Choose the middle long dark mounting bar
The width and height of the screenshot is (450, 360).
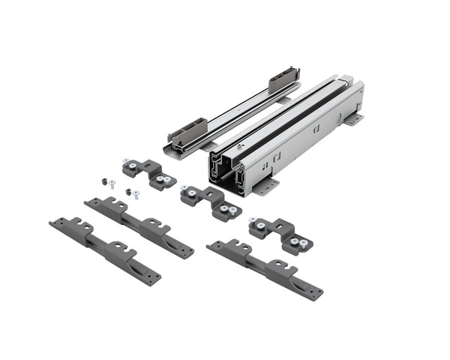coord(138,226)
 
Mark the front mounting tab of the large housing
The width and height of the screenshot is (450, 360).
coord(266,186)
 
